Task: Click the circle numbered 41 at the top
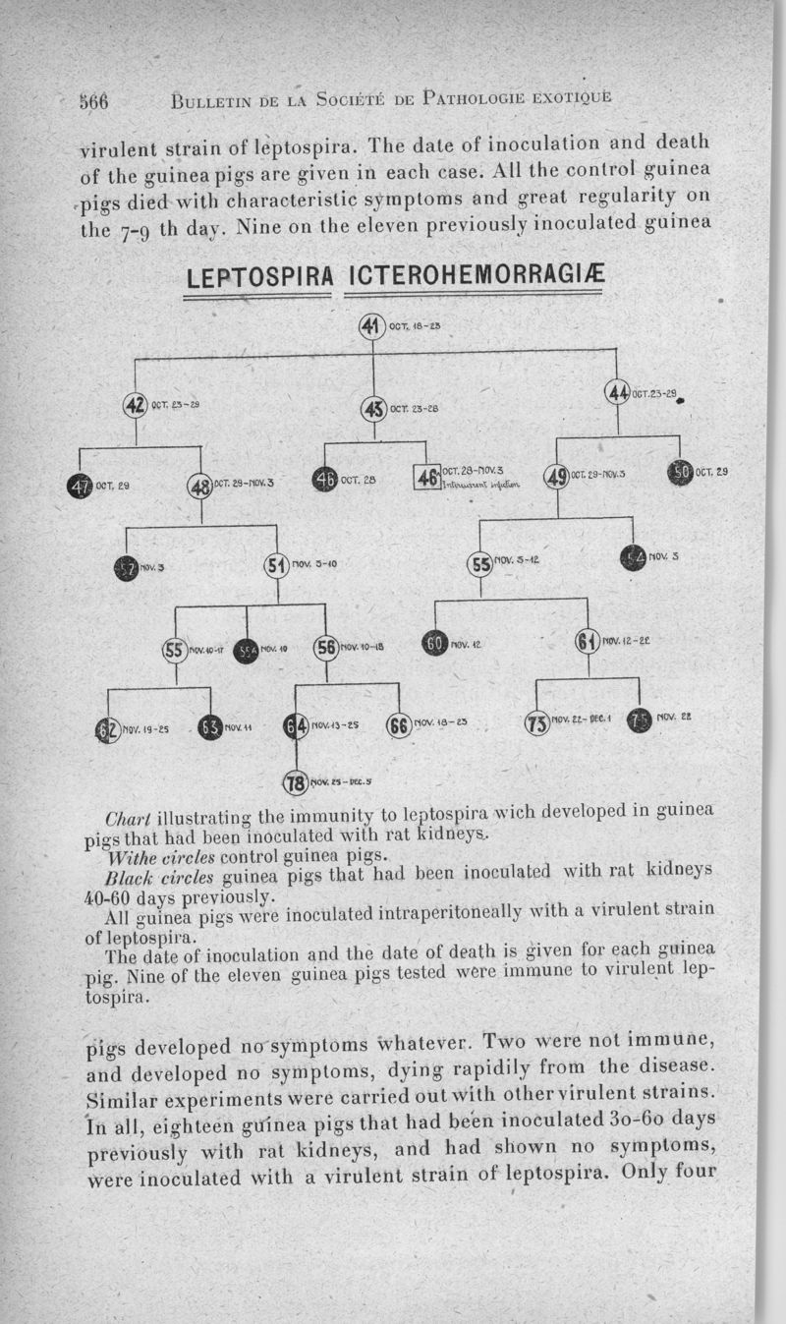click(372, 327)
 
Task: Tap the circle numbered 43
click(373, 408)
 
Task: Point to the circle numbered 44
click(618, 393)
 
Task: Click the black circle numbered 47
click(80, 485)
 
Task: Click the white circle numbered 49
click(557, 477)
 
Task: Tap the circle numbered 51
click(276, 566)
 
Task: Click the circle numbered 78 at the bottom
click(296, 782)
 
